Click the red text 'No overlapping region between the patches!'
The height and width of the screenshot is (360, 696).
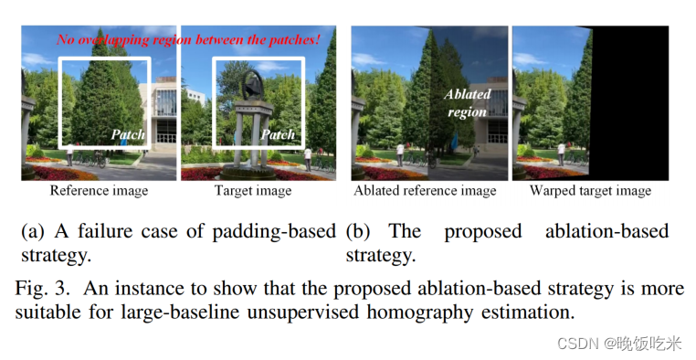[x=188, y=39]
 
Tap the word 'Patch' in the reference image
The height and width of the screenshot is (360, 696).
[x=128, y=134]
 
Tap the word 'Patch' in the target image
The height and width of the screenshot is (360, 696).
[x=278, y=134]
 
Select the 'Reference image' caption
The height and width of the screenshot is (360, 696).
[x=99, y=191]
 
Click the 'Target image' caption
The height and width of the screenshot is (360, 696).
[x=253, y=191]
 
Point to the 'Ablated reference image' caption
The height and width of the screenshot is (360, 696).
[x=425, y=191]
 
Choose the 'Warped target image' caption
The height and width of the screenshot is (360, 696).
[x=590, y=191]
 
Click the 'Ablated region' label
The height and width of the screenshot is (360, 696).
[x=467, y=102]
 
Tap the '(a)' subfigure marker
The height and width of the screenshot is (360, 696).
[x=33, y=231]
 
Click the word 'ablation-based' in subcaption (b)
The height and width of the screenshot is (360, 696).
[x=606, y=231]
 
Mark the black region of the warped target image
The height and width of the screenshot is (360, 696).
[x=632, y=102]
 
